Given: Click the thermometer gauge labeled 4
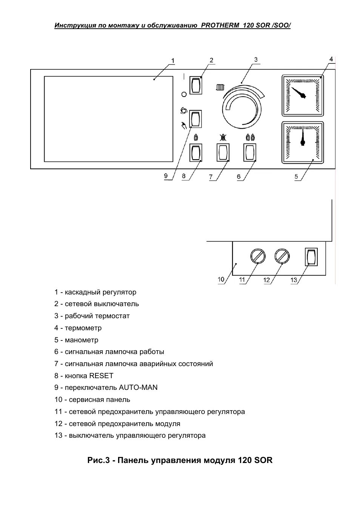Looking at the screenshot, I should coord(303,95).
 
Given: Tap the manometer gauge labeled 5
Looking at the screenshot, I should coord(303,143).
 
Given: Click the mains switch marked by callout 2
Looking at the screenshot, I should coord(195,85).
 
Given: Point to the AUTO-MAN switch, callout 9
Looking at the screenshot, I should coord(195,119).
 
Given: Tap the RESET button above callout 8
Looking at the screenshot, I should coord(195,153).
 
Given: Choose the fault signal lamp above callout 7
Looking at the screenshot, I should coord(223,153).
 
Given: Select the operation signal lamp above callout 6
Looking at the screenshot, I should coord(250,153).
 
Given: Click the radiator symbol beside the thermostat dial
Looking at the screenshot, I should coord(220,87).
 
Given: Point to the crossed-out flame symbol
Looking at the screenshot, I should coord(223,137).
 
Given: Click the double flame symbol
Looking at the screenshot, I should coord(250,137).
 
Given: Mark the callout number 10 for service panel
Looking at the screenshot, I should coord(221,279).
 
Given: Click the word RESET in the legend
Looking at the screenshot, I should coord(101,376).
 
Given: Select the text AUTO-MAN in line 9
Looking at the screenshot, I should coord(138,388).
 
